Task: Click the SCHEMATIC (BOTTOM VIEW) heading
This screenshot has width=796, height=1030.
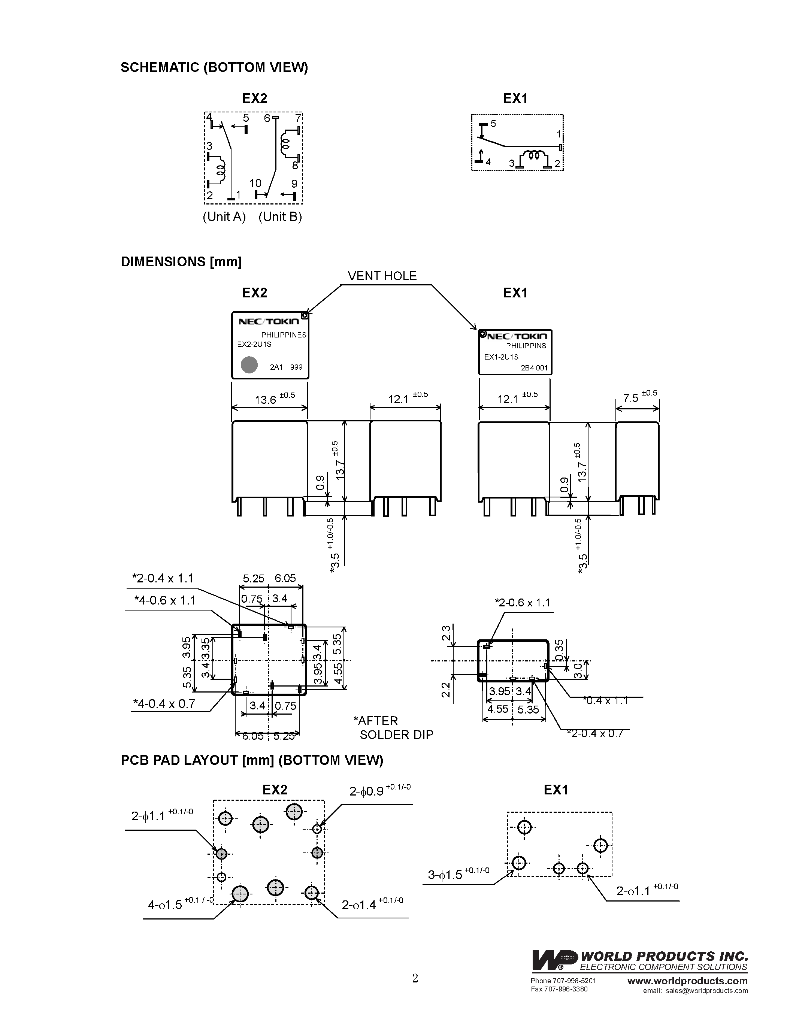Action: tap(214, 67)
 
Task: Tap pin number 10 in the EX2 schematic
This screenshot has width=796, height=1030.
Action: tap(255, 183)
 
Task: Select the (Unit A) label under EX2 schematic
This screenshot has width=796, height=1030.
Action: tap(224, 216)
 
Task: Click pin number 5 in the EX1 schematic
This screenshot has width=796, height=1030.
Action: tap(493, 124)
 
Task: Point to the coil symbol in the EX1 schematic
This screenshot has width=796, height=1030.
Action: tap(533, 156)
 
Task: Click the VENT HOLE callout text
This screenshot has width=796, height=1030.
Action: tap(382, 276)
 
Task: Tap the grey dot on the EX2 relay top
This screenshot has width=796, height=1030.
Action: tap(249, 364)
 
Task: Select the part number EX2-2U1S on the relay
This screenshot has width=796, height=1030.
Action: tap(254, 344)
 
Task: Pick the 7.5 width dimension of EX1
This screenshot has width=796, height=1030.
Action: tap(630, 398)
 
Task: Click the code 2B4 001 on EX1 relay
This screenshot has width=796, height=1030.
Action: tap(534, 368)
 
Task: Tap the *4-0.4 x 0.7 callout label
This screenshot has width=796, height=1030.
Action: tap(164, 704)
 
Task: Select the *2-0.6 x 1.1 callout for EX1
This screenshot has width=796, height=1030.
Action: tap(522, 602)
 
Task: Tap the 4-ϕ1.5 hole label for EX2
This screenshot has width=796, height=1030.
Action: tap(165, 905)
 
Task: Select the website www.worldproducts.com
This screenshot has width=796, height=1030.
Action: tap(687, 981)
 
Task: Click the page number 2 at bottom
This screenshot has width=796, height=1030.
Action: tap(415, 978)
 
